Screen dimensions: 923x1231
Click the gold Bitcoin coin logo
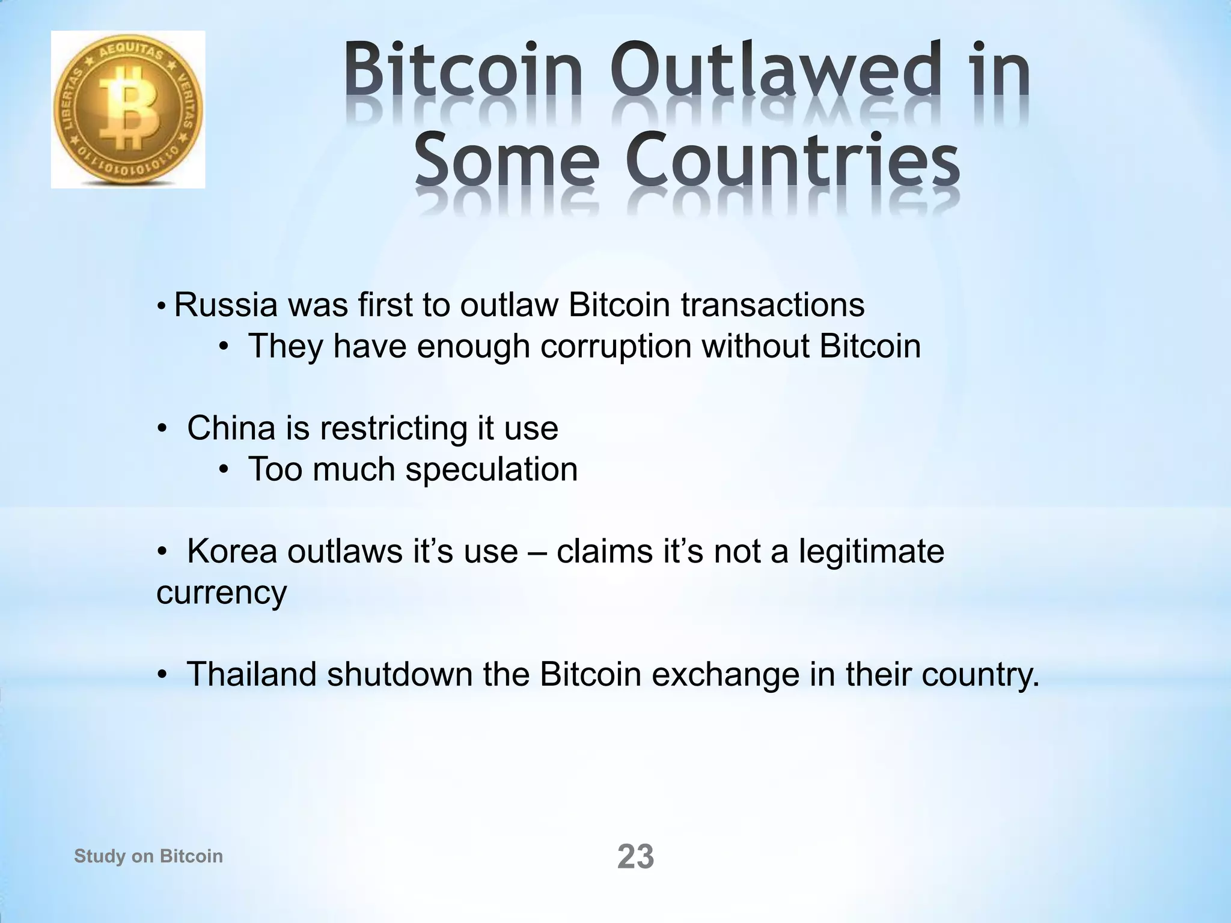point(128,109)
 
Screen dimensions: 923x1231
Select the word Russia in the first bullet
point(225,305)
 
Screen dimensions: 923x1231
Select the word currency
point(221,592)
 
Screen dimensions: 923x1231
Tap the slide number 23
point(635,856)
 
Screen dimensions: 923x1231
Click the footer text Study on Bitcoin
point(148,856)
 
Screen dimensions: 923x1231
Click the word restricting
point(393,428)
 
